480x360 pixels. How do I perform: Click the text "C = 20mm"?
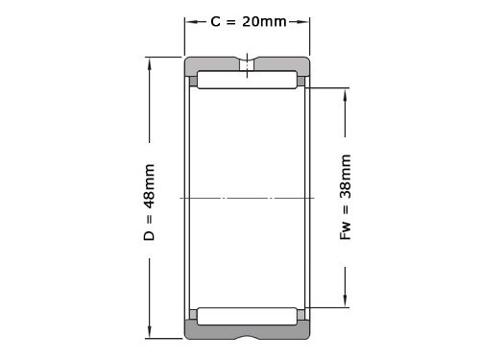pyautogui.click(x=248, y=21)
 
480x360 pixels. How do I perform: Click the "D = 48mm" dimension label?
pyautogui.click(x=150, y=203)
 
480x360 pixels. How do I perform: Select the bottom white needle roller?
pyautogui.click(x=247, y=316)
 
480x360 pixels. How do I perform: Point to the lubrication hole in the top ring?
pyautogui.click(x=247, y=66)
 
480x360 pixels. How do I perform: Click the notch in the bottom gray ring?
pyautogui.click(x=247, y=335)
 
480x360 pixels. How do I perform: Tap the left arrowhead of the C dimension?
pyautogui.click(x=190, y=21)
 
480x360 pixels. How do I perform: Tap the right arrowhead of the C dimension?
pyautogui.click(x=304, y=21)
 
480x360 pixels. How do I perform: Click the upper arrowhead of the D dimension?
pyautogui.click(x=150, y=62)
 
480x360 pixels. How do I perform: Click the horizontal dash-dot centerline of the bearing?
pyautogui.click(x=247, y=199)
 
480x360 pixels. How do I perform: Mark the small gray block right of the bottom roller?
pyautogui.click(x=301, y=315)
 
